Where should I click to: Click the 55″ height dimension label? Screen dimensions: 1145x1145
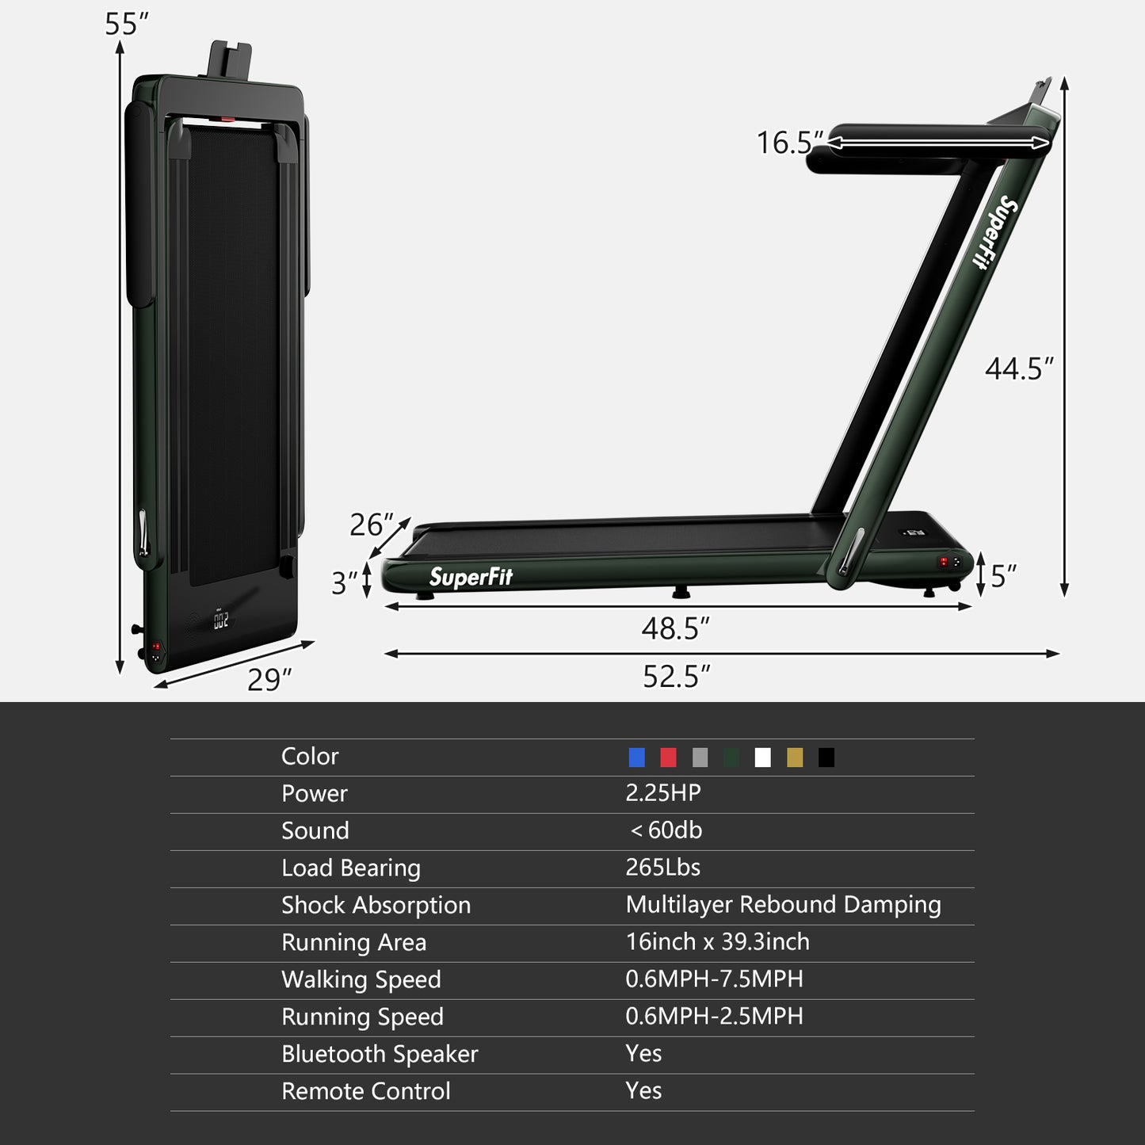pos(126,25)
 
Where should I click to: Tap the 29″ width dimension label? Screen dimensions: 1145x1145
pos(269,680)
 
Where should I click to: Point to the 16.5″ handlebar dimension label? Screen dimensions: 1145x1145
pos(789,143)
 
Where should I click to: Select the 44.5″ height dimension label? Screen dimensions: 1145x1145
pos(1019,369)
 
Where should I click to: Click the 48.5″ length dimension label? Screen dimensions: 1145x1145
pos(675,628)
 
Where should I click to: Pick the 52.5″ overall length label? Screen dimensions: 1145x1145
pos(676,677)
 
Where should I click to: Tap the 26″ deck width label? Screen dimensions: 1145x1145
pos(371,525)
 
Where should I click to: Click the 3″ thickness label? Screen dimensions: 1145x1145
pos(344,583)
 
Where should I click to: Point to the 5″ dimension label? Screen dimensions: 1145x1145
pos(1003,576)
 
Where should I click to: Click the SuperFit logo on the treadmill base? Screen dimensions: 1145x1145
pos(471,577)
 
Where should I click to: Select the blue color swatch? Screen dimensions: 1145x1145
pos(636,758)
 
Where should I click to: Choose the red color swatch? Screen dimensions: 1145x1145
pos(668,758)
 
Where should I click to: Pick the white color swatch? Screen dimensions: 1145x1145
pos(763,758)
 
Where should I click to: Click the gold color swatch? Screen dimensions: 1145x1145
pos(795,758)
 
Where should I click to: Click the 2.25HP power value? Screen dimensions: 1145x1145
pos(663,793)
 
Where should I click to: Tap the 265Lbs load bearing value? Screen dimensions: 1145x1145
pos(662,868)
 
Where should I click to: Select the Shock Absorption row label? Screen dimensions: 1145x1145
pos(376,905)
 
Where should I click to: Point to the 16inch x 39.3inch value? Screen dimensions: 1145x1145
pos(717,942)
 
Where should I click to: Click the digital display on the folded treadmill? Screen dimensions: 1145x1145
pos(221,620)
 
